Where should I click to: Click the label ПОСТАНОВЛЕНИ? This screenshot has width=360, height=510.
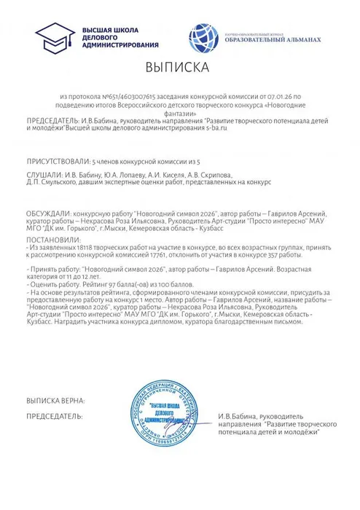pos(52,238)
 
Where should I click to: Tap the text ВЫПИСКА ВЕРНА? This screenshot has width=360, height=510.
pos(57,401)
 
